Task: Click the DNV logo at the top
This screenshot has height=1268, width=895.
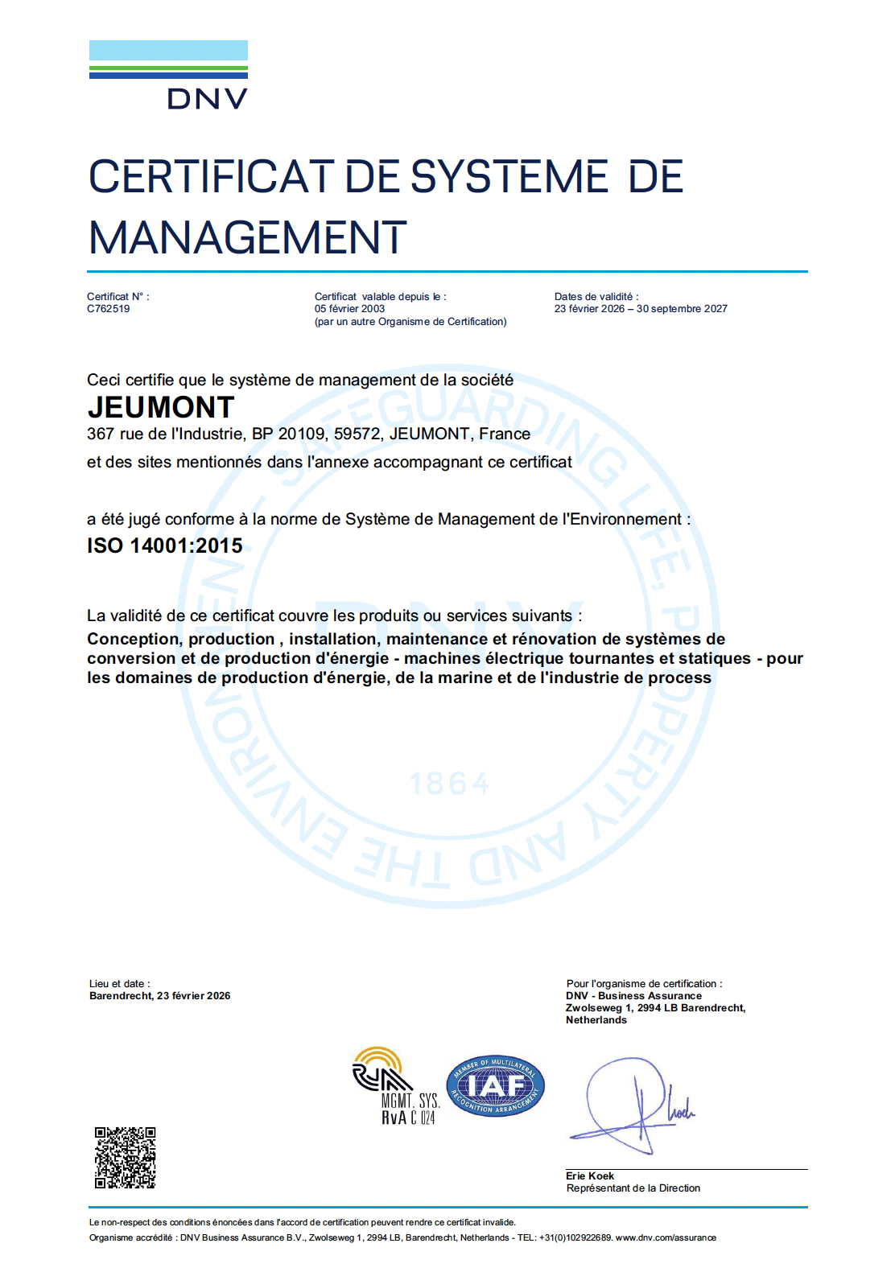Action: [168, 75]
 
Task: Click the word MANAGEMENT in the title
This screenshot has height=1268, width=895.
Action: [247, 238]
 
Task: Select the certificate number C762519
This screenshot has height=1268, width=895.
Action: [109, 309]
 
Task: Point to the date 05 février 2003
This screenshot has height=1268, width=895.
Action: [349, 309]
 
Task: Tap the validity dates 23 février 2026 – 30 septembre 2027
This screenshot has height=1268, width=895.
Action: [641, 309]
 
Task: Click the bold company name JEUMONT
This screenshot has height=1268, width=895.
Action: [161, 408]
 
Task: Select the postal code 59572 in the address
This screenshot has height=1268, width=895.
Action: [357, 434]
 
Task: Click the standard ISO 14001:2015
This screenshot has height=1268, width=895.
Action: [165, 545]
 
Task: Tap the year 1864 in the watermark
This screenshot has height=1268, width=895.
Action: [449, 784]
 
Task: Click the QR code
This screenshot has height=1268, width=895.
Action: [126, 1158]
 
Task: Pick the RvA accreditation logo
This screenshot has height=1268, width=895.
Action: [395, 1086]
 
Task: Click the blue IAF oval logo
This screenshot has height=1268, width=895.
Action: [496, 1087]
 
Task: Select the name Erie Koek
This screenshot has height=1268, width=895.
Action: [590, 1176]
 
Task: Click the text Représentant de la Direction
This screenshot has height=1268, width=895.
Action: [633, 1188]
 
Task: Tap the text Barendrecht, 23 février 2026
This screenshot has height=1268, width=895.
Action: [160, 996]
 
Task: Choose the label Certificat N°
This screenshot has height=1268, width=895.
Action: [118, 297]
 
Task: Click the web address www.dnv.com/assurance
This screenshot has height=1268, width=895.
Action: [666, 1238]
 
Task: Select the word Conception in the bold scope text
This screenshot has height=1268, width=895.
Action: [134, 640]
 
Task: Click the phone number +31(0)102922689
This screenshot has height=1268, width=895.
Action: [575, 1238]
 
